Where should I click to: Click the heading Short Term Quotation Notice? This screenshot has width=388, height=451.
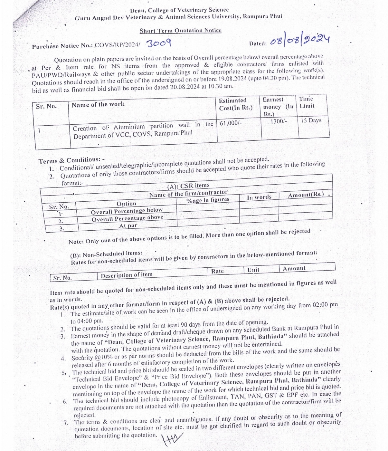pos(180,31)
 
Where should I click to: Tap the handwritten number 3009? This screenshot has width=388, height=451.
pos(158,43)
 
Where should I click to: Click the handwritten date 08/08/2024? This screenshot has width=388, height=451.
pos(299,40)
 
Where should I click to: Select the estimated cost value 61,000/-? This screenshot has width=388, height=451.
pos(231,123)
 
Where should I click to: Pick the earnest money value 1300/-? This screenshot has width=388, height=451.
pos(279,121)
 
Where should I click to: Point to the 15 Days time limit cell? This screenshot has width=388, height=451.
pos(311,120)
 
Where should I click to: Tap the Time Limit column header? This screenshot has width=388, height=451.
pos(307,102)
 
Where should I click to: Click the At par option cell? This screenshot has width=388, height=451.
pos(128,226)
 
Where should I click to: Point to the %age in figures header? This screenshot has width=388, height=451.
pos(208,200)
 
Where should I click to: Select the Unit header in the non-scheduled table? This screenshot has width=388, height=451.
pos(253,270)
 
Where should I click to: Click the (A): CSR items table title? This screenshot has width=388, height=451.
pos(188,186)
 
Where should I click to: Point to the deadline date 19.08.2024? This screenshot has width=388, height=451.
pos(232,79)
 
